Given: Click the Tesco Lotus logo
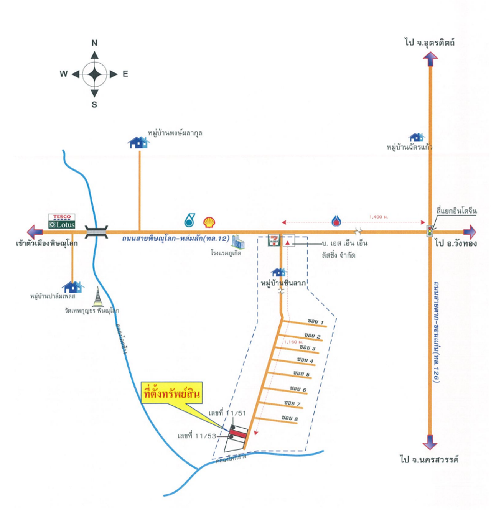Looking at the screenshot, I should [62, 221].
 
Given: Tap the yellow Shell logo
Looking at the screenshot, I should [209, 222].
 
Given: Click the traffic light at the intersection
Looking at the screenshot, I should [430, 231].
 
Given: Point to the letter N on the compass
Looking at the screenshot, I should [94, 43].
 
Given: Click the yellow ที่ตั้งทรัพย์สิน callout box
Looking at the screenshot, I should [172, 393].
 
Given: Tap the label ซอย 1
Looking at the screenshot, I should [316, 321].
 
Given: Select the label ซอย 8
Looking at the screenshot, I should [290, 418].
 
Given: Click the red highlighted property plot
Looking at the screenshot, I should [238, 434].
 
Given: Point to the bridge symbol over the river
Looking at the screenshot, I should [96, 232].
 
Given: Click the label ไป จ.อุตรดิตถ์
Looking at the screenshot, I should [430, 42].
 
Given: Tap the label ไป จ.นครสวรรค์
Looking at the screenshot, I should [429, 459].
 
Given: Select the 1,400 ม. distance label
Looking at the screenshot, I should [378, 217].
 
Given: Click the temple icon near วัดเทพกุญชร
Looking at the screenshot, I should [98, 296].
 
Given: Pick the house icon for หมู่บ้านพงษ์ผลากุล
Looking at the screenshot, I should [138, 143].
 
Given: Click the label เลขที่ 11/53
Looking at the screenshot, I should [197, 436].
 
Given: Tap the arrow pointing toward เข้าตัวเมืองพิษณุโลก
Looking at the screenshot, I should [35, 232].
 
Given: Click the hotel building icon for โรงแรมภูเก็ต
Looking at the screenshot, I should [238, 242].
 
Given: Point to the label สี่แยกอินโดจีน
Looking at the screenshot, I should [456, 211].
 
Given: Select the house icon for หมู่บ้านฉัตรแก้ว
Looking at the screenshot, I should [417, 137].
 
